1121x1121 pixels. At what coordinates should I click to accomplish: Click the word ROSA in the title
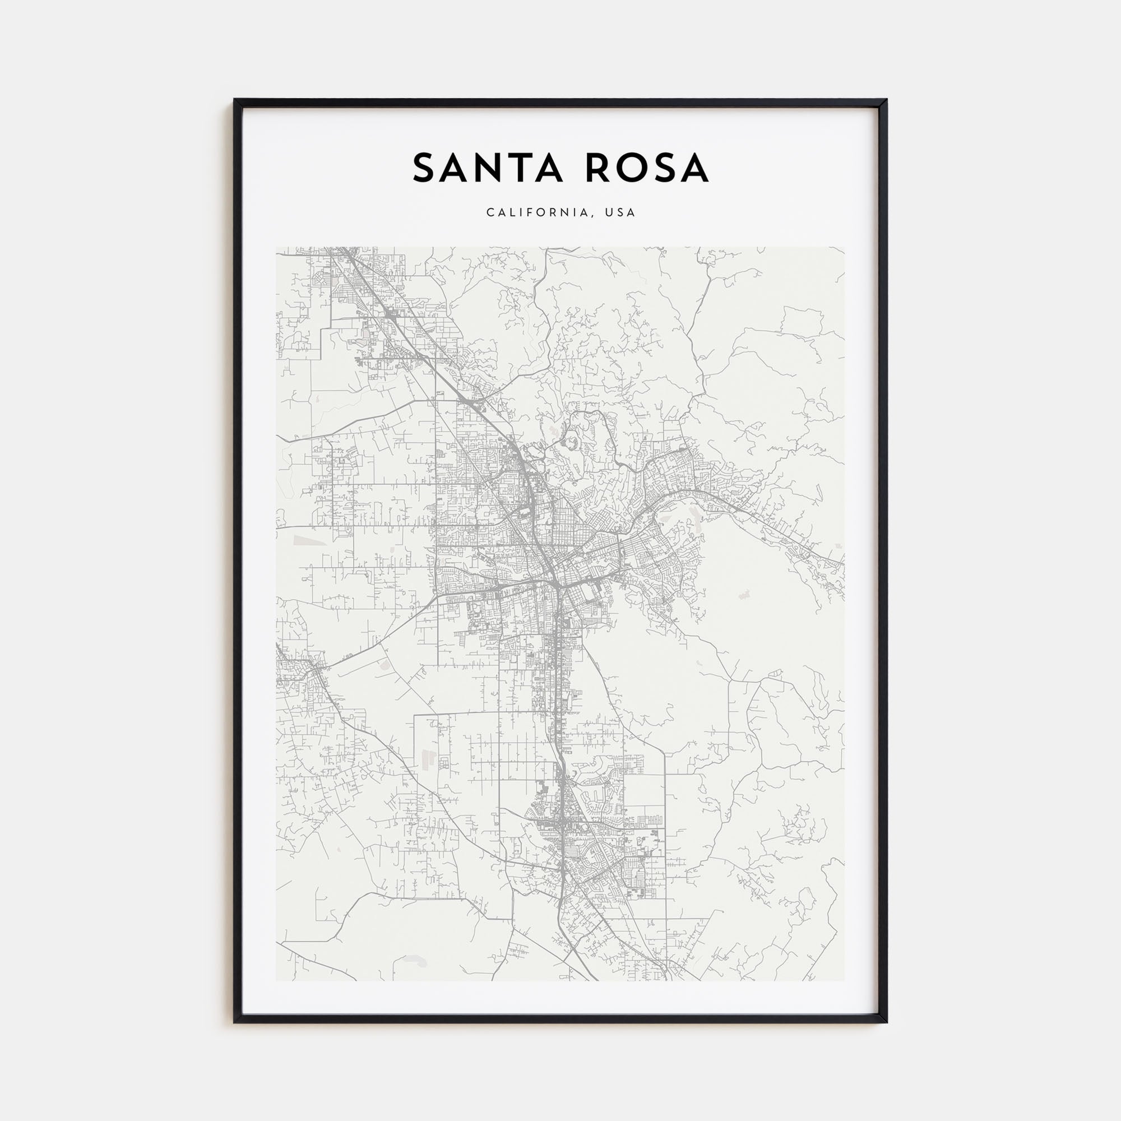[x=647, y=168]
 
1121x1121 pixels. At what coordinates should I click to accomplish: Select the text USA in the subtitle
[x=620, y=213]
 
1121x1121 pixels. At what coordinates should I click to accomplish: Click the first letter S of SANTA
[x=425, y=168]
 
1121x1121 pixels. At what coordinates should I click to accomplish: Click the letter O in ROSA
[x=629, y=168]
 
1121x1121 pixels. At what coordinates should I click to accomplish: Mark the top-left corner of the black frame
[x=234, y=99]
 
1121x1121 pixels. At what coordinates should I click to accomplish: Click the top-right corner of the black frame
[x=887, y=99]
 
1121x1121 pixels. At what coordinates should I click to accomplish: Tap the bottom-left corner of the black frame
[x=234, y=1022]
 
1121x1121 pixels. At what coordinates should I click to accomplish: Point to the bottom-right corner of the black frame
[x=887, y=1022]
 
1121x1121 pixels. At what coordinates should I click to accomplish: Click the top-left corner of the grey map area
[x=276, y=247]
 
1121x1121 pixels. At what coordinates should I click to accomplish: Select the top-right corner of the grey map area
[x=844, y=247]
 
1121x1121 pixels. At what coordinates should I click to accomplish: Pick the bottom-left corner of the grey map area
[x=276, y=980]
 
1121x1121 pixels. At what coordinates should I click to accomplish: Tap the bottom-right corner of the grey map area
[x=844, y=980]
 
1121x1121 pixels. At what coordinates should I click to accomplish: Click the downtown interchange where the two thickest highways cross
[x=554, y=583]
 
